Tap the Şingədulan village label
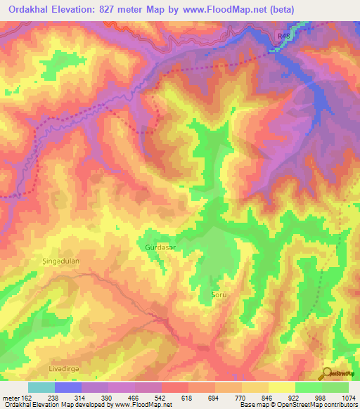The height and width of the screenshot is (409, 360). click(x=55, y=261)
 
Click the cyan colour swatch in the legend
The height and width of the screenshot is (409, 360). click(x=41, y=387)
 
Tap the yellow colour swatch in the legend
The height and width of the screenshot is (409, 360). click(x=282, y=387)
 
